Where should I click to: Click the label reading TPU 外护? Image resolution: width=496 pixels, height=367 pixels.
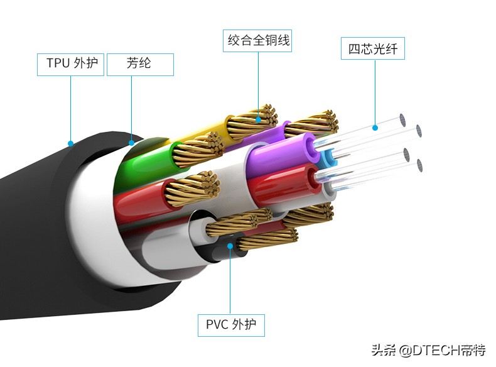pos(70,64)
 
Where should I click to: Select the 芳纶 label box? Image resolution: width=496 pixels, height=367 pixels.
pos(140,64)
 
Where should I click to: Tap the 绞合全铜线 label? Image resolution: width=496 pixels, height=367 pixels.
pos(259,41)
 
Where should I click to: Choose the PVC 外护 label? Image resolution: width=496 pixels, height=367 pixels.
pos(231,325)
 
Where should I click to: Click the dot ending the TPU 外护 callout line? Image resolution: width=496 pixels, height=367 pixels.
pos(70,144)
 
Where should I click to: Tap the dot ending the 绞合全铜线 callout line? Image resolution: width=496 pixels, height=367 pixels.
pos(259,117)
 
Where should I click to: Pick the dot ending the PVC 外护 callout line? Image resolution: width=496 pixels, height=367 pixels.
pos(231,246)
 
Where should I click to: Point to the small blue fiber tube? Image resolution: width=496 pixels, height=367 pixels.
pos(328,157)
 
